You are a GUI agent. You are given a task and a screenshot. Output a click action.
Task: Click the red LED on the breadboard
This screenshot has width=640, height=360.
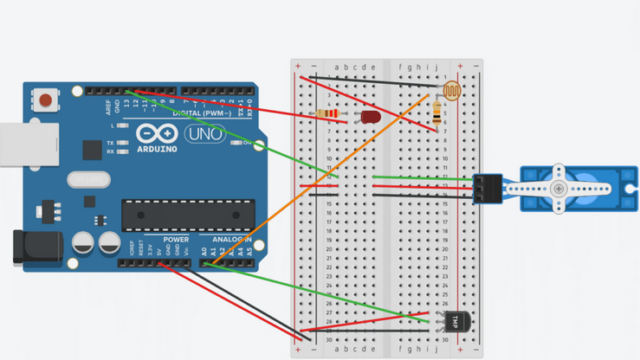click(x=371, y=117)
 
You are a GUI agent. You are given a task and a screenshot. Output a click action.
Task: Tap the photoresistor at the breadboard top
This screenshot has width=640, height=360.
click(x=452, y=89)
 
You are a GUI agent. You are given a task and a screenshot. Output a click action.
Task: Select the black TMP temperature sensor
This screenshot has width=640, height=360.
click(x=456, y=322)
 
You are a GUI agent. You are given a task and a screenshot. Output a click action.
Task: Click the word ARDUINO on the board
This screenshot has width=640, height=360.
click(x=157, y=149)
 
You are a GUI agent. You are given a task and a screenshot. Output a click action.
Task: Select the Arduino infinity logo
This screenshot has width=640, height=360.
click(x=157, y=134)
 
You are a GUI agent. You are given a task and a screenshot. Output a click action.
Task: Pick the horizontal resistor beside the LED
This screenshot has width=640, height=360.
click(x=327, y=113)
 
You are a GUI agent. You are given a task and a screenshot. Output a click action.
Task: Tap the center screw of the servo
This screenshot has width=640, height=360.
click(x=559, y=189)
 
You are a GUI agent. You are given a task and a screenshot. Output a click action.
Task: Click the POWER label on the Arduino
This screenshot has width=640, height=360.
click(x=176, y=240)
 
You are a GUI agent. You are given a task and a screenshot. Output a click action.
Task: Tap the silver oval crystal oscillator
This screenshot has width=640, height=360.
click(x=87, y=179)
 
